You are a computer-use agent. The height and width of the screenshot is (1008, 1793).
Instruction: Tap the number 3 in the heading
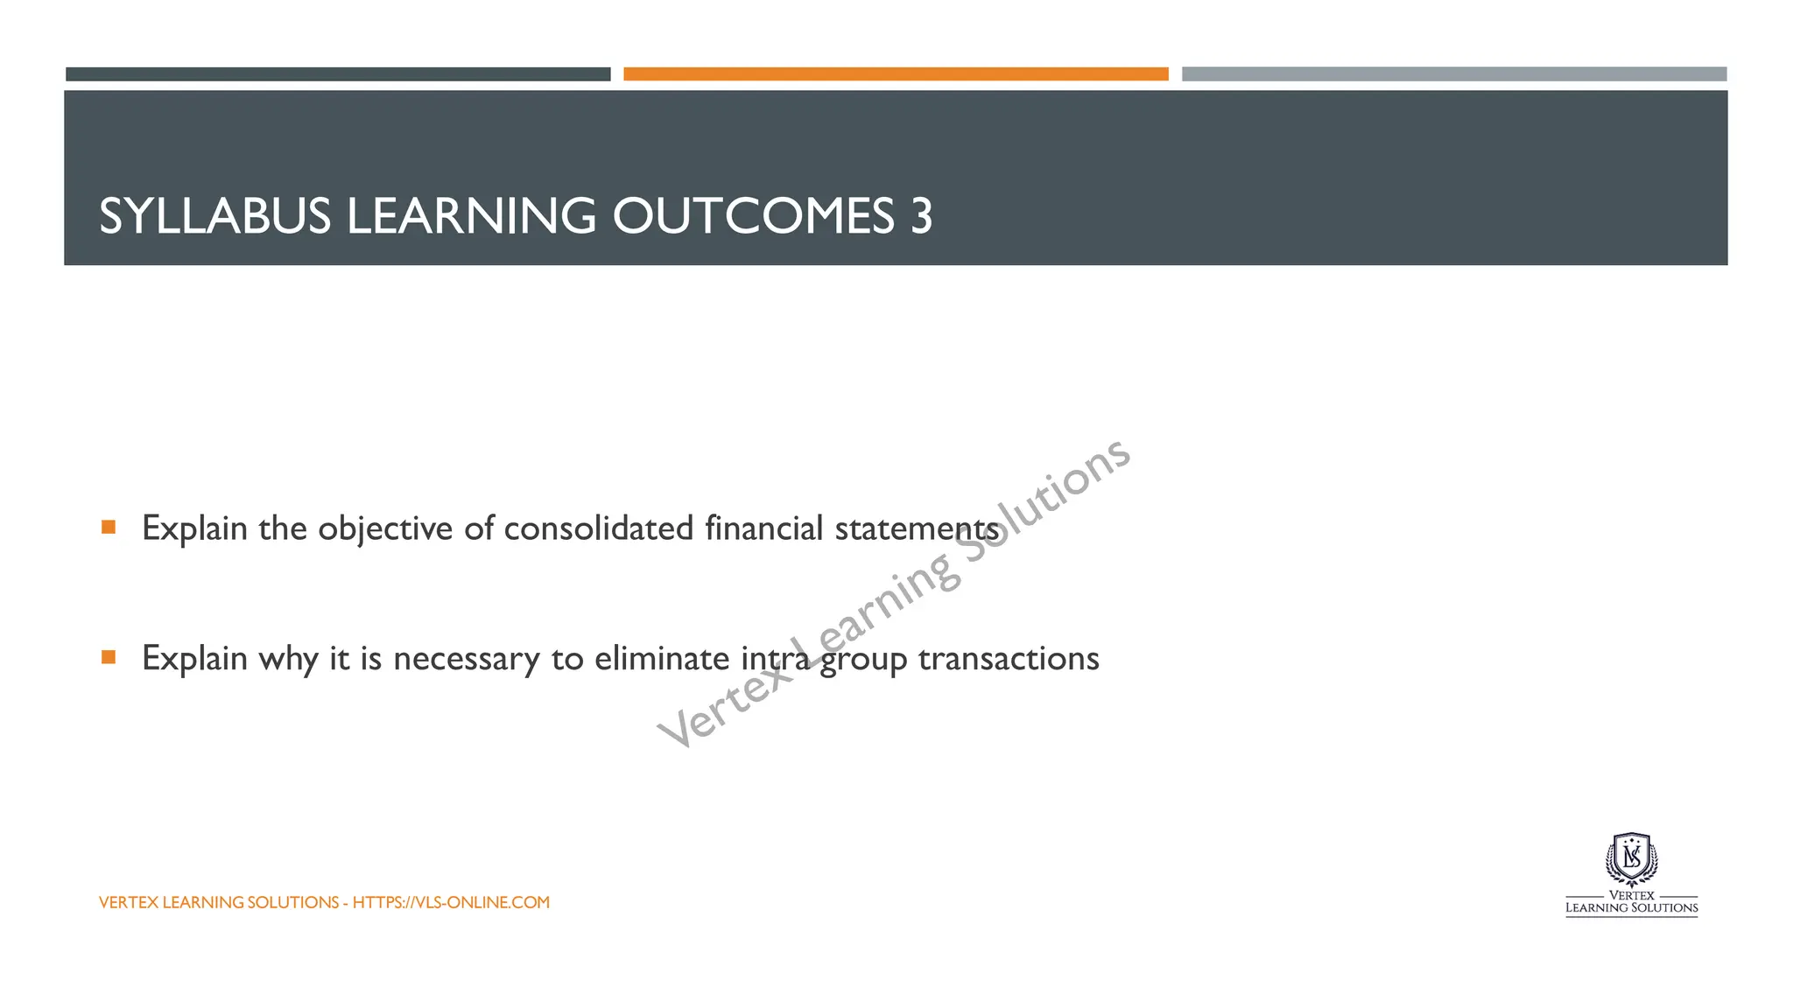921,216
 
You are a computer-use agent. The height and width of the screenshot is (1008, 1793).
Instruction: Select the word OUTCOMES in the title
753,216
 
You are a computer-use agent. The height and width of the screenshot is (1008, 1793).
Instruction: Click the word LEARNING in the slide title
471,216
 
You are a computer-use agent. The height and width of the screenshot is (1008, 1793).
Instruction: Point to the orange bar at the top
896,74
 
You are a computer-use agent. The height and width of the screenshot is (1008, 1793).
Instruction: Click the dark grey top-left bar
338,74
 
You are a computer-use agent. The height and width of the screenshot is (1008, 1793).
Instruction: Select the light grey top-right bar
1453,74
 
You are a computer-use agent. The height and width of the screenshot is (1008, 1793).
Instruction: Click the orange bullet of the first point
109,527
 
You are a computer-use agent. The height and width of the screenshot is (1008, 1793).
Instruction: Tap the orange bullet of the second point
109,657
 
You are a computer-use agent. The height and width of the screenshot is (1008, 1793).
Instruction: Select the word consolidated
598,528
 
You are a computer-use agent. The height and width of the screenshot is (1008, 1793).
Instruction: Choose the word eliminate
661,658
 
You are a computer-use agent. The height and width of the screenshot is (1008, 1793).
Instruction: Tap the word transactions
1009,659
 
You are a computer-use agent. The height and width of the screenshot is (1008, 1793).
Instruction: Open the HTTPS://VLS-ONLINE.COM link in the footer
451,902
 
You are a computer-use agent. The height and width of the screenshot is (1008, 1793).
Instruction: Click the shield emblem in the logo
1631,860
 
